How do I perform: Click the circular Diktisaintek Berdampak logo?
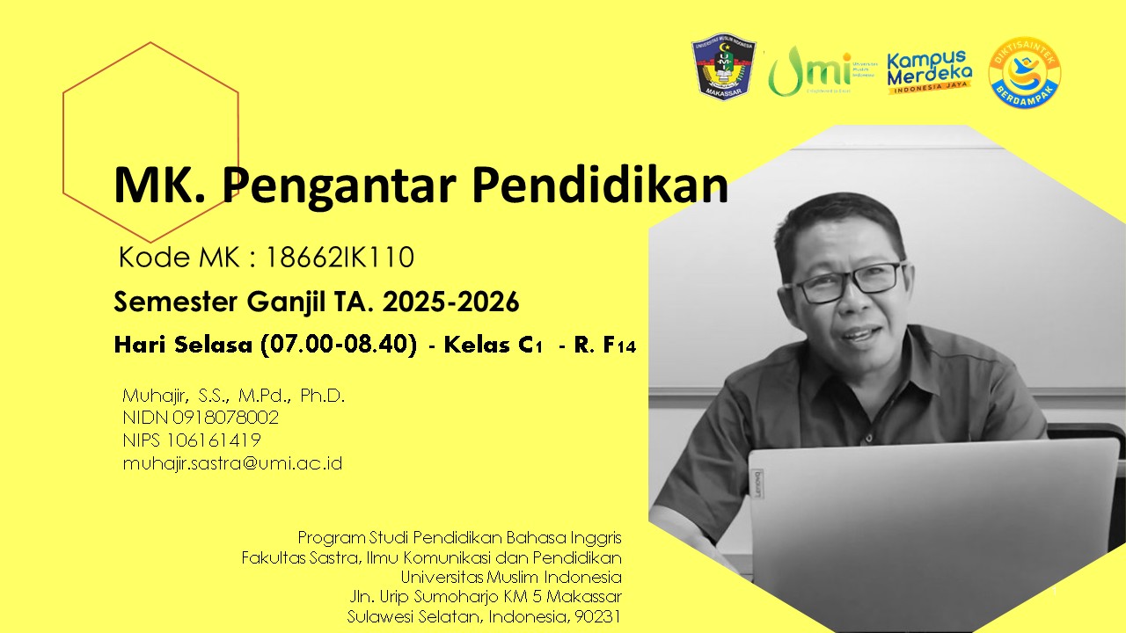point(1024,72)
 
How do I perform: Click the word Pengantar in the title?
point(340,186)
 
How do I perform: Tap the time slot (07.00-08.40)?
point(339,345)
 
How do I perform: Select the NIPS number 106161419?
point(216,440)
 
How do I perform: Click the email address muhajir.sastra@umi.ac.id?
point(232,462)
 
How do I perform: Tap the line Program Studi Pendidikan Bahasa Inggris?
point(459,536)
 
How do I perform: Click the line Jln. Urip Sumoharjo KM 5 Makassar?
point(485,597)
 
